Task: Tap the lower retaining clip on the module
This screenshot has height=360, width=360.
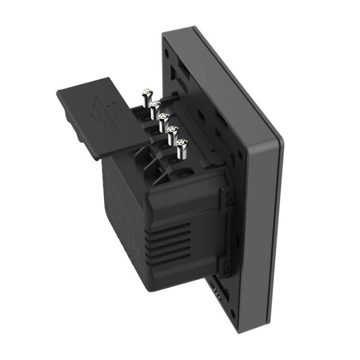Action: (x=224, y=267)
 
